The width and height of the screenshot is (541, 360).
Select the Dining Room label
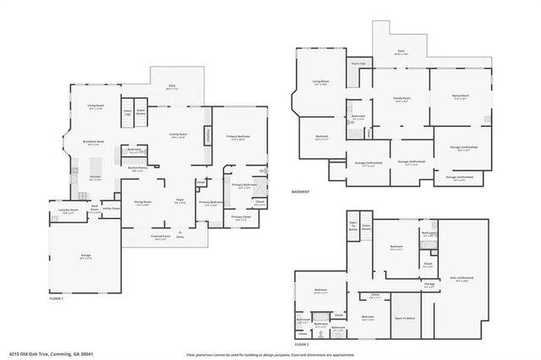click(x=144, y=202)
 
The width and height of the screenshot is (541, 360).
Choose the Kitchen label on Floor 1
click(x=96, y=177)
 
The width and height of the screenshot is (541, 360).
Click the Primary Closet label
click(x=242, y=216)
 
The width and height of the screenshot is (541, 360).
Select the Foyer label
click(x=180, y=200)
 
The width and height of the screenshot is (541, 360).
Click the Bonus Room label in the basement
click(x=460, y=97)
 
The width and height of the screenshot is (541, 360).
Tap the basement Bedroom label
click(x=322, y=136)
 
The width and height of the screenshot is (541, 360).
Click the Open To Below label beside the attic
click(x=404, y=318)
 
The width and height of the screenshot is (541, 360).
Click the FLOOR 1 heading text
click(x=57, y=300)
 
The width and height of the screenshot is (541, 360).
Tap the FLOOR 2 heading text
click(x=302, y=344)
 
